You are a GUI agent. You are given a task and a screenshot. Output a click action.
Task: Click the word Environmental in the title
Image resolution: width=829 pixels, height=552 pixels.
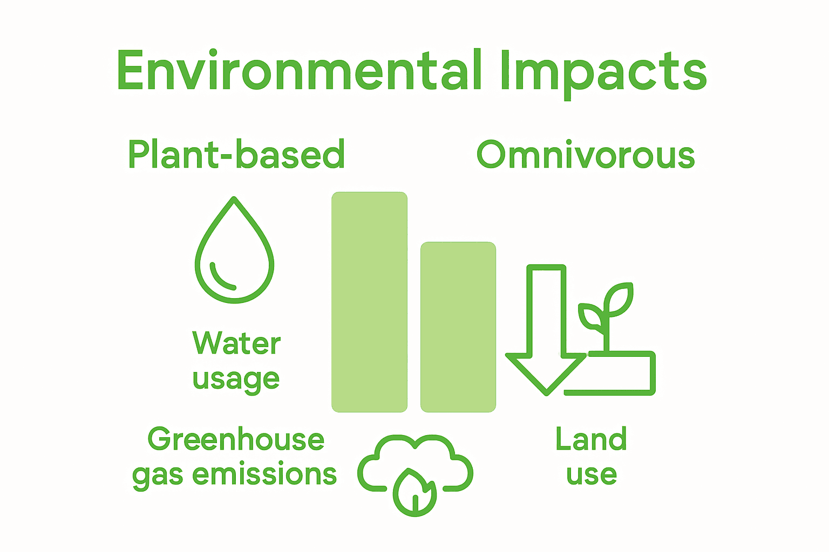point(300,71)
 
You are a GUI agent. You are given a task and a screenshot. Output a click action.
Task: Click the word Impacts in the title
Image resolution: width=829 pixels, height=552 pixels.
point(603,73)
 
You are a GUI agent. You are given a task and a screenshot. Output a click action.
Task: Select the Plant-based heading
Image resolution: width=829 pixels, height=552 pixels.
point(236,155)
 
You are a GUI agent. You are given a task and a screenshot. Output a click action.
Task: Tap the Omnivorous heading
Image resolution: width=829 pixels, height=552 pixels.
point(586,155)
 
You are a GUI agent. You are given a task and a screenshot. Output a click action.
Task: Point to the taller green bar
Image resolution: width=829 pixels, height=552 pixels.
point(369,302)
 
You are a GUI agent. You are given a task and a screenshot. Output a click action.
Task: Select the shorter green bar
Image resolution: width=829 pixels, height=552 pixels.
point(458,327)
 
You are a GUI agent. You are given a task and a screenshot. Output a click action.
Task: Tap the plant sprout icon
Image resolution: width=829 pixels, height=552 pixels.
point(607,318)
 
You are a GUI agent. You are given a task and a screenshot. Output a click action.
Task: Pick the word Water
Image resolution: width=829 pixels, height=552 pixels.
point(236,343)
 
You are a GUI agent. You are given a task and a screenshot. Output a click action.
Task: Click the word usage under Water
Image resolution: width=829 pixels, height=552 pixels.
point(236,378)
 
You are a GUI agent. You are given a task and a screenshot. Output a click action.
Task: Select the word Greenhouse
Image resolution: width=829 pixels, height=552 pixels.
point(236,439)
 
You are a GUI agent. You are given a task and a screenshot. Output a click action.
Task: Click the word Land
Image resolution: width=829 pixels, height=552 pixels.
point(592,439)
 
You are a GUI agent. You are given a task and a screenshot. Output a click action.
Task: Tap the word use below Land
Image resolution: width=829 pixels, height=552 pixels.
point(592,474)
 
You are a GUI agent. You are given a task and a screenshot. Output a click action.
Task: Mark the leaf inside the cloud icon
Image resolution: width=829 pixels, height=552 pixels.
point(414,492)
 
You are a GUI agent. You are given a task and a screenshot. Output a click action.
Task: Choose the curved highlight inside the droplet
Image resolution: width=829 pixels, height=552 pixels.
point(221,277)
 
